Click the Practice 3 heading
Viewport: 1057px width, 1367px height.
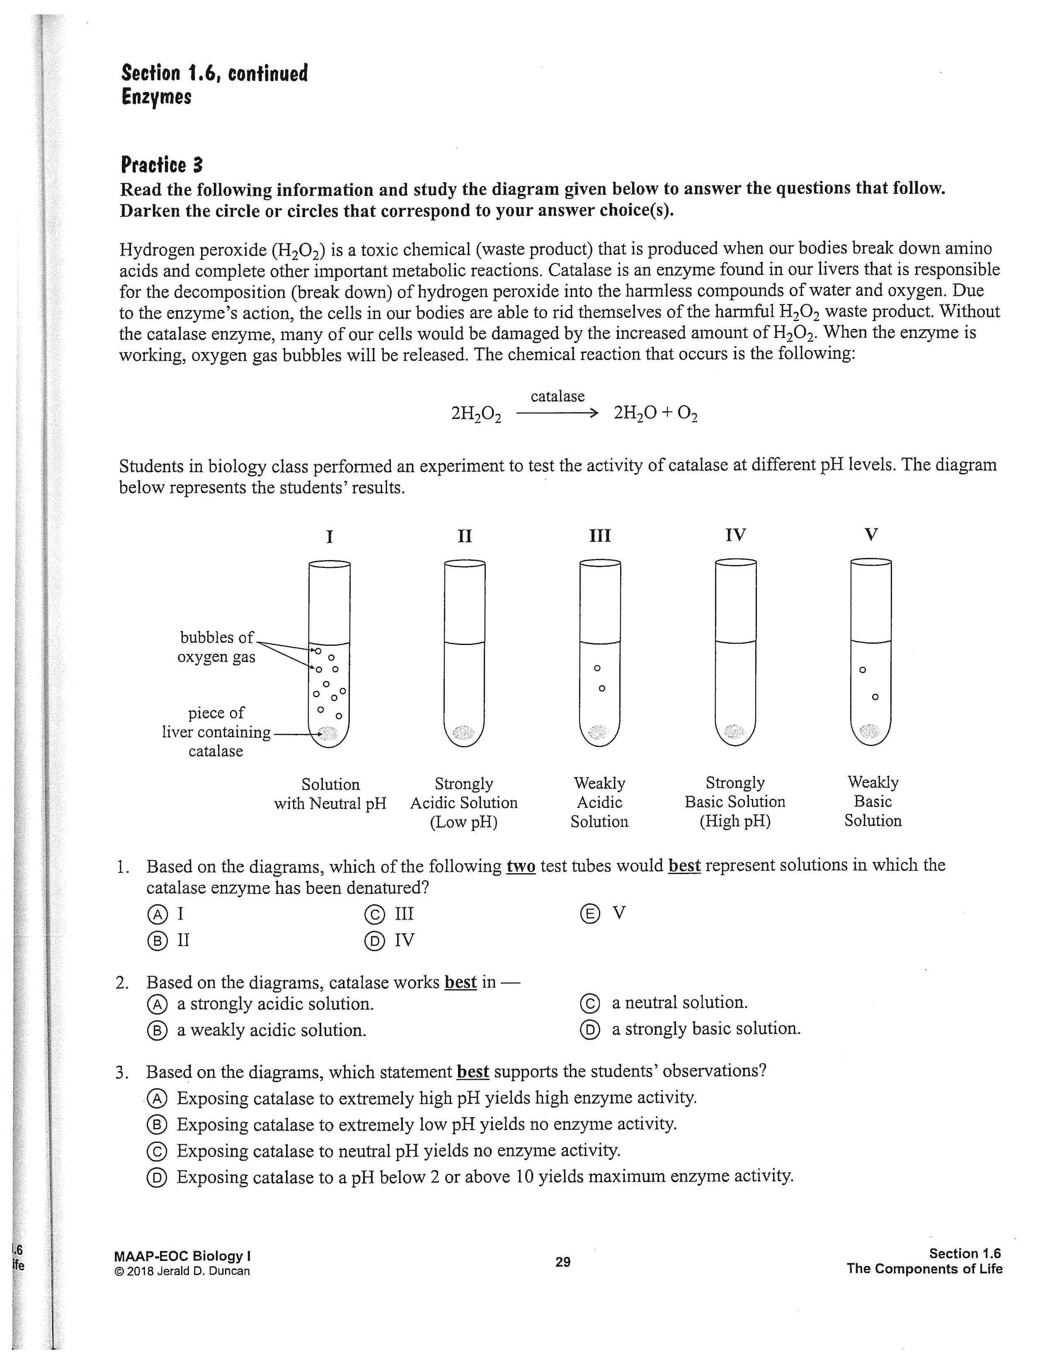point(162,165)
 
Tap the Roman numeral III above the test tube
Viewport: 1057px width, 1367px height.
point(600,536)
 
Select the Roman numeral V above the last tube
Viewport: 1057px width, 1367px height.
point(870,534)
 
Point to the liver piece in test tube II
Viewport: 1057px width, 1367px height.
point(464,732)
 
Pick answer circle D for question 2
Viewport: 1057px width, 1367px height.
point(590,1030)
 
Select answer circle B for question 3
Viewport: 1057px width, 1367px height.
point(157,1125)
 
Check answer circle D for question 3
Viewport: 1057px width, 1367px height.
point(157,1178)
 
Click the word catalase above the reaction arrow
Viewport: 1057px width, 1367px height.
point(557,396)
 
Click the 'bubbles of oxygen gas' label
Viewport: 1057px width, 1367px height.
point(217,647)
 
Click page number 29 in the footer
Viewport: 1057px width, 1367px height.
point(563,1262)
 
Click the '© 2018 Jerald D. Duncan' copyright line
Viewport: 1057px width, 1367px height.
point(182,1271)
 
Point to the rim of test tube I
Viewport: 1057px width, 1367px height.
point(330,564)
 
